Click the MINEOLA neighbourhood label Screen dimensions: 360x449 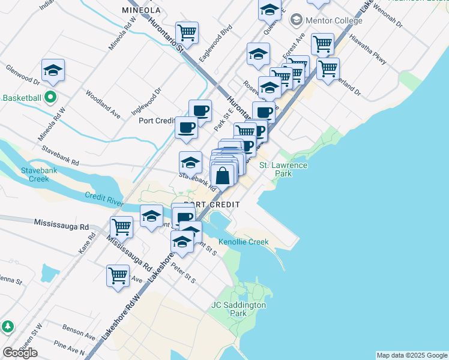click(x=141, y=11)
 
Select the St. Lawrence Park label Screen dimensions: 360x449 click(x=283, y=169)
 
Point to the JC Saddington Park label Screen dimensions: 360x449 click(x=238, y=309)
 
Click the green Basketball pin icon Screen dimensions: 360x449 click(x=51, y=97)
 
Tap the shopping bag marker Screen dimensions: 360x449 click(x=223, y=176)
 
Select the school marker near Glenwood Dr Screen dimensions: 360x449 click(x=53, y=71)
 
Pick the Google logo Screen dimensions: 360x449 click(x=20, y=352)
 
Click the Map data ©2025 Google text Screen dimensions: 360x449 click(x=411, y=355)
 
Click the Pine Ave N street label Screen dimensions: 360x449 click(x=69, y=348)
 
